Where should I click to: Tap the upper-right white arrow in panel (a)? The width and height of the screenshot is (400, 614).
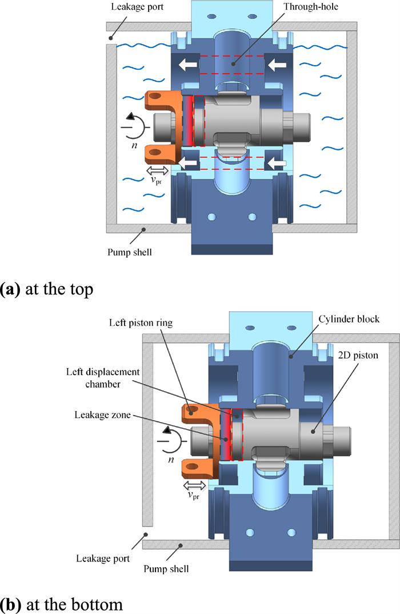click(277, 64)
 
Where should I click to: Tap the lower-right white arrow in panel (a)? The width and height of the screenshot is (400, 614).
click(277, 164)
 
